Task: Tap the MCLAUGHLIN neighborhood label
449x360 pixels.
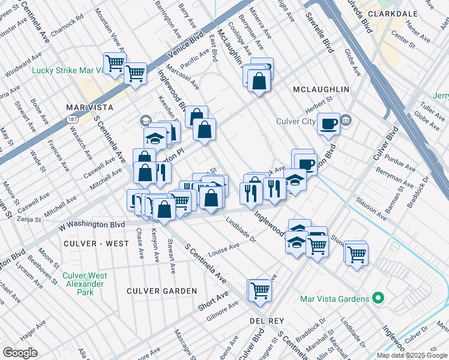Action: pos(321,89)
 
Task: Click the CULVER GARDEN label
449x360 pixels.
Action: pos(161,291)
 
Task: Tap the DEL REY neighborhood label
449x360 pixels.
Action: pos(266,322)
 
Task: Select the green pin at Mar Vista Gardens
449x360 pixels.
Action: pos(377,298)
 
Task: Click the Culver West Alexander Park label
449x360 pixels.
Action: pos(85,284)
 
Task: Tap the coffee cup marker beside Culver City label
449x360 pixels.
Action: pos(328,124)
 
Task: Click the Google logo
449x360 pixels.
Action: pos(20,353)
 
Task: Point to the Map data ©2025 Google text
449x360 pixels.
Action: pos(412,355)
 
